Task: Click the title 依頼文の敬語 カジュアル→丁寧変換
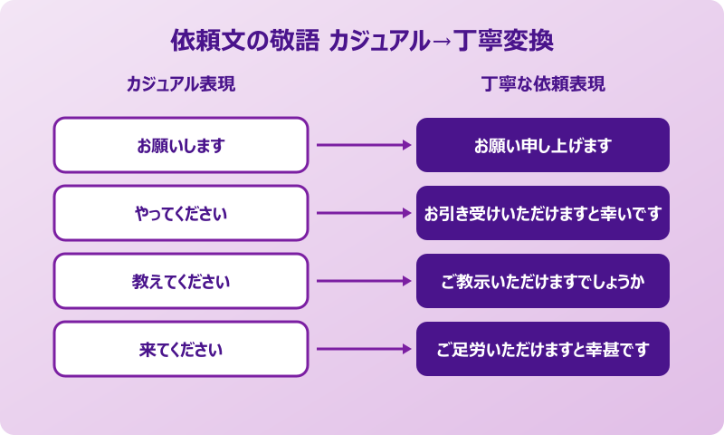tap(362, 41)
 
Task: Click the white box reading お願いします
tap(181, 145)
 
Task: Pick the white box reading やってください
tap(181, 214)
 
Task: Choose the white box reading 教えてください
tap(181, 281)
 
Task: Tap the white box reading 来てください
tap(181, 349)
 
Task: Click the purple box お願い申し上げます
tap(543, 145)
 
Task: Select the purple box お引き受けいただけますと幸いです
tap(543, 214)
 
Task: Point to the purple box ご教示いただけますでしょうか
tap(543, 281)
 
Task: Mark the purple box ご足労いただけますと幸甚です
tap(543, 349)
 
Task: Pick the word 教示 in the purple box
tap(471, 281)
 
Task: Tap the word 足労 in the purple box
tap(471, 349)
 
